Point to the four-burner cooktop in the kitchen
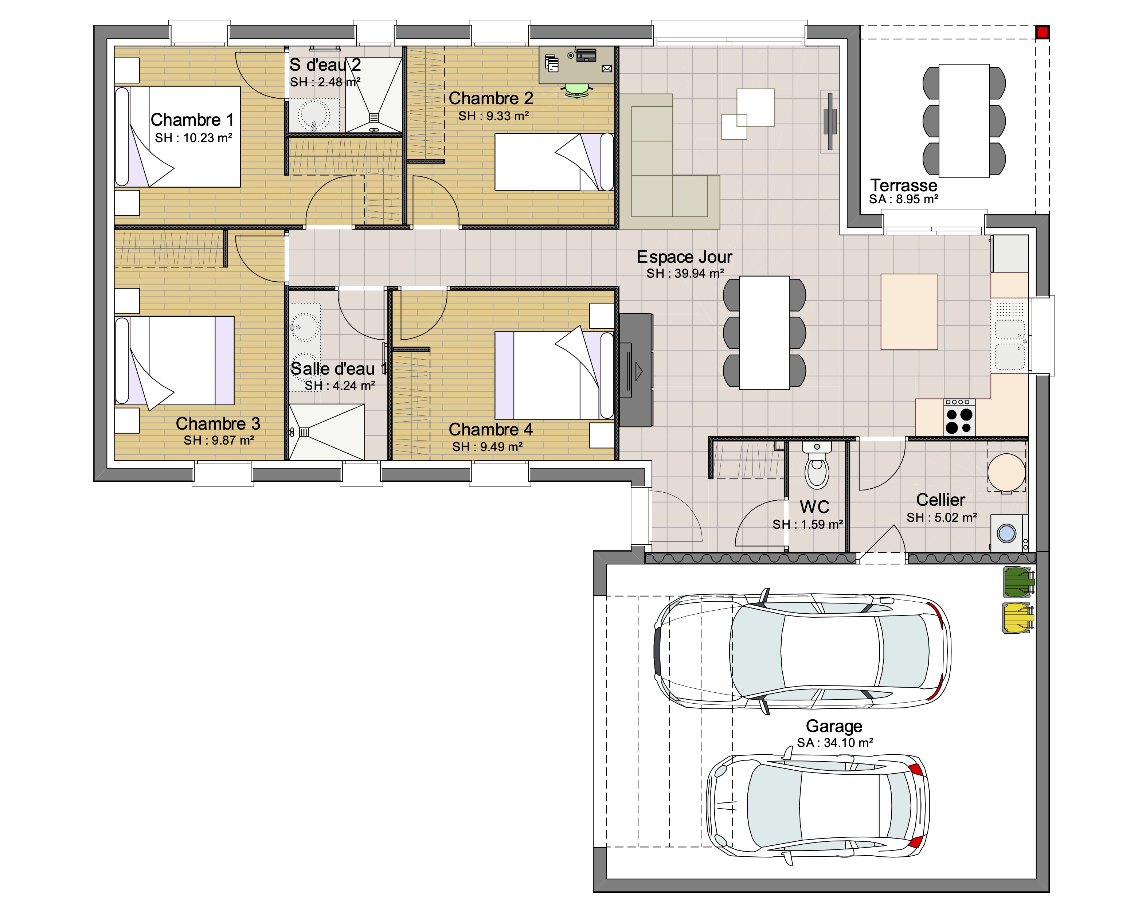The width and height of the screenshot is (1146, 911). pyautogui.click(x=959, y=418)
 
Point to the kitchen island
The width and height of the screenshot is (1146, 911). pyautogui.click(x=909, y=312)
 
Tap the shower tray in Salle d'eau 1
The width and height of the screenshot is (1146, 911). pyautogui.click(x=327, y=432)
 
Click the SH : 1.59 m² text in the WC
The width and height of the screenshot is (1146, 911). pyautogui.click(x=807, y=525)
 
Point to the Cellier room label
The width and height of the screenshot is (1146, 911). pyautogui.click(x=941, y=500)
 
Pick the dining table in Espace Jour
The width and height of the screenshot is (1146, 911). pyautogui.click(x=764, y=333)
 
